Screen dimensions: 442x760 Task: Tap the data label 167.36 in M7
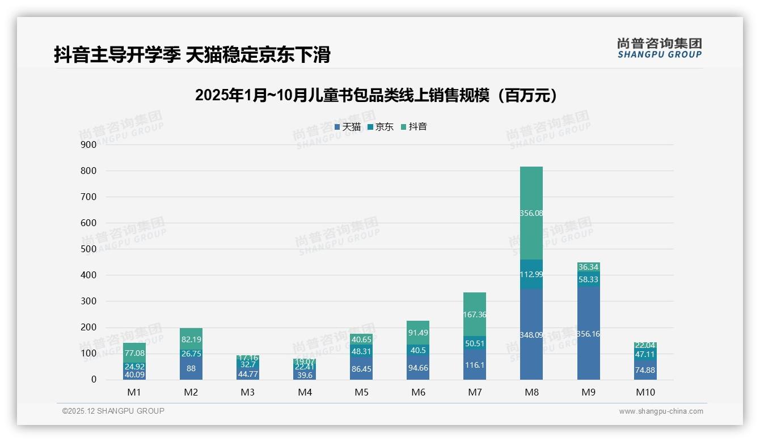click(475, 314)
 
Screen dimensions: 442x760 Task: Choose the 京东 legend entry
click(381, 127)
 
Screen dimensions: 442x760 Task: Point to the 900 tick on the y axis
click(88, 144)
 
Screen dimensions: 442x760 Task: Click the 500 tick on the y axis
click(88, 249)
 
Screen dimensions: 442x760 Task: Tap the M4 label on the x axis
click(305, 392)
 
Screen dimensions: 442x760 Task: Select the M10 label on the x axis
click(645, 392)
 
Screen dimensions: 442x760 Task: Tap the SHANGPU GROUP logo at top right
click(659, 48)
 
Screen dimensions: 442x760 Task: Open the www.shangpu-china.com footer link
click(661, 411)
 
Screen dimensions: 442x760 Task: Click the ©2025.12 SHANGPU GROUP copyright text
click(113, 411)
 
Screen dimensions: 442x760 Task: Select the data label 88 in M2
click(191, 368)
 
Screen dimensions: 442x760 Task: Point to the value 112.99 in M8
click(531, 275)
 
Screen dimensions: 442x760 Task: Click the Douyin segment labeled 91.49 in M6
click(418, 333)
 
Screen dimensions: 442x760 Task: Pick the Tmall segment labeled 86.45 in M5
click(361, 368)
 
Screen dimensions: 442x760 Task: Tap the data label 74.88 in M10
click(645, 371)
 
